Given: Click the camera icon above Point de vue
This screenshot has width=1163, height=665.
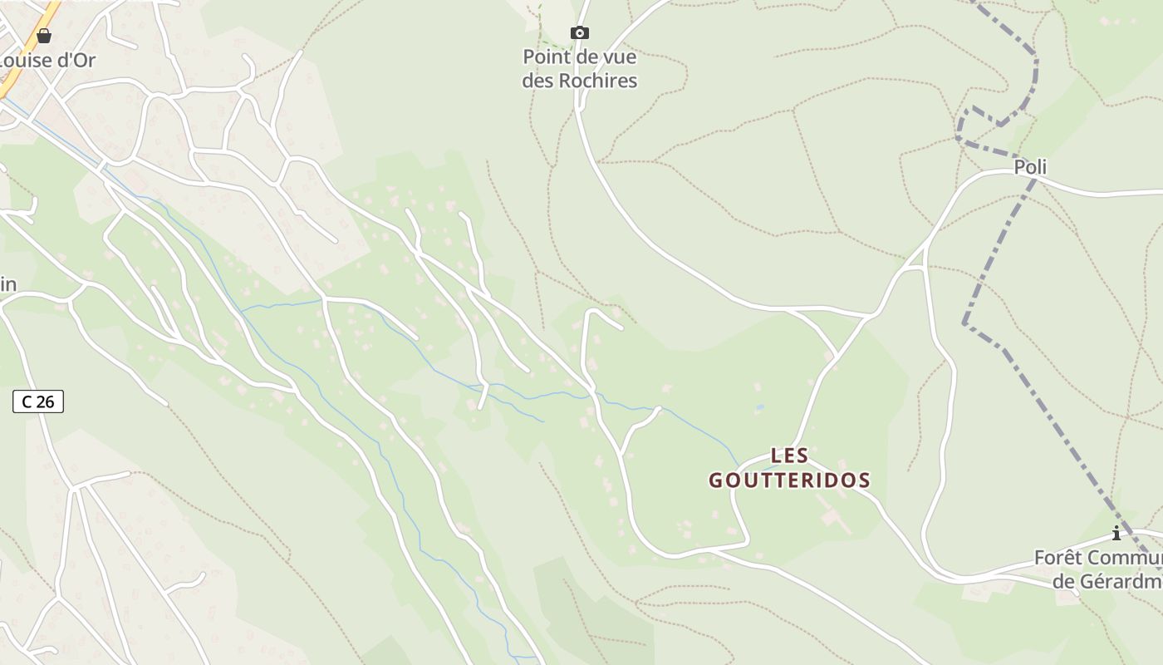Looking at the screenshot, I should pos(580,33).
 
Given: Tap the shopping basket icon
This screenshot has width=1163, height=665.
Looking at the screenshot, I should pos(44,36).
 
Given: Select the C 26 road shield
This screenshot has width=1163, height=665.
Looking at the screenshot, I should pos(38,401).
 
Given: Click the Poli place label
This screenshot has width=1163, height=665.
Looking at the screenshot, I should pos(1030,167).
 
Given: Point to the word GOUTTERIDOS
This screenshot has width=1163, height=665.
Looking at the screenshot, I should pos(789,480).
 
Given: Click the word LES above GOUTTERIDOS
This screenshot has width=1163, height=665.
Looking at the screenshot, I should pos(789,456).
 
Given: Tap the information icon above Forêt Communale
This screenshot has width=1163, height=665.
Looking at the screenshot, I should pos(1116,533).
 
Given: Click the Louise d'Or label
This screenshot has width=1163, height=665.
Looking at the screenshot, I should pos(47,60).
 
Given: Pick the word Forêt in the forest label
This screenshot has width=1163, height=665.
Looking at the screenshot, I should pos(1057,558).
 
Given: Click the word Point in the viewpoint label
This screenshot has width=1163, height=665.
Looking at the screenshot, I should pos(544,57).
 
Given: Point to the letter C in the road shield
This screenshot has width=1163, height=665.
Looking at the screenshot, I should pos(27,401).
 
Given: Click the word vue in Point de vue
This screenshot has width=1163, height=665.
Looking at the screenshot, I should pos(620,57).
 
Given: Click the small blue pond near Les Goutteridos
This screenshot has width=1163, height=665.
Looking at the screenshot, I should pos(759,409).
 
